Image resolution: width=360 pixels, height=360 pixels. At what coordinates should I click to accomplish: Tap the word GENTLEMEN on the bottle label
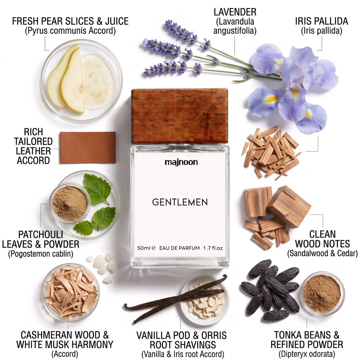click(180, 202)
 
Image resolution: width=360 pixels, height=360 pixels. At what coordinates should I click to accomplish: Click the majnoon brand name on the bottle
click(181, 162)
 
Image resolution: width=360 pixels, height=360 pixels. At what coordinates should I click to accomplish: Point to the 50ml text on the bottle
click(144, 248)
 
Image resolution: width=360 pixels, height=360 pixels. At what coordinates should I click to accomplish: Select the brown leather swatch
click(88, 148)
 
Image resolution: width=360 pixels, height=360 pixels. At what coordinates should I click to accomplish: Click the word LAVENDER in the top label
click(235, 12)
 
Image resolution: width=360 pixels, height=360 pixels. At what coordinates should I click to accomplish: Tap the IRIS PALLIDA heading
click(321, 21)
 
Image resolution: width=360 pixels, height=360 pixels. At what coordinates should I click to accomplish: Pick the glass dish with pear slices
click(82, 81)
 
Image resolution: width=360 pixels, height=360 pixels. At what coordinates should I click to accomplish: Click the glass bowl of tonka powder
click(323, 293)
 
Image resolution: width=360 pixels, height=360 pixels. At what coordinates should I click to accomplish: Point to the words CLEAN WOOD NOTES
click(322, 239)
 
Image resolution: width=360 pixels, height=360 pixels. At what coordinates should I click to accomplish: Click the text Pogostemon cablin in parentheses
click(41, 254)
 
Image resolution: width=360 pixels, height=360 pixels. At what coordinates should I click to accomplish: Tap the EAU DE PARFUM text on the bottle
click(179, 248)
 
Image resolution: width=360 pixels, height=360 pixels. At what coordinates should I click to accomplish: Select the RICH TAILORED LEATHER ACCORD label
click(33, 146)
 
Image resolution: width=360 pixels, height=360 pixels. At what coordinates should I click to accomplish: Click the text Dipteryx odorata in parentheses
click(307, 354)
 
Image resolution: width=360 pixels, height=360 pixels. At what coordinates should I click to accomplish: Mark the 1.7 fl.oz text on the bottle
click(213, 248)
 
